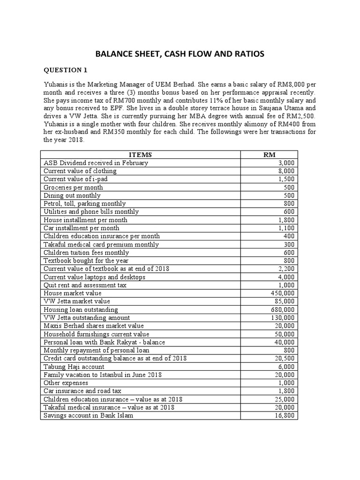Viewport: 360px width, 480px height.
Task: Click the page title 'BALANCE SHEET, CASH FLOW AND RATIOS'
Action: coord(180,54)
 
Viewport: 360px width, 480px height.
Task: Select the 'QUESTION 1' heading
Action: coord(66,70)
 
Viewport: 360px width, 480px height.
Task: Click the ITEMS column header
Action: coord(140,155)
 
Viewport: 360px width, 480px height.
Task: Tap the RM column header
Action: coord(270,155)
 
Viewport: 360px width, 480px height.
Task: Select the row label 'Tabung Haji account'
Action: coord(74,367)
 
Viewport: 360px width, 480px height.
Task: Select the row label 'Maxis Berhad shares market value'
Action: coord(94,326)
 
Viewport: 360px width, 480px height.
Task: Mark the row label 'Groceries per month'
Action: coord(74,187)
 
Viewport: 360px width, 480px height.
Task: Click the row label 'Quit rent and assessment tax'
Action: coord(85,285)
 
